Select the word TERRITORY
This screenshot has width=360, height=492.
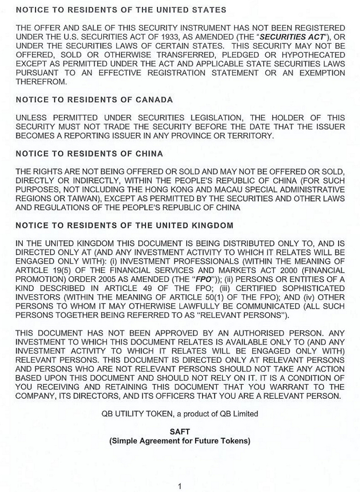[254, 135]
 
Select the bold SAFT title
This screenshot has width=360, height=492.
[180, 432]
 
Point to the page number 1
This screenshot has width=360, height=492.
[180, 486]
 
